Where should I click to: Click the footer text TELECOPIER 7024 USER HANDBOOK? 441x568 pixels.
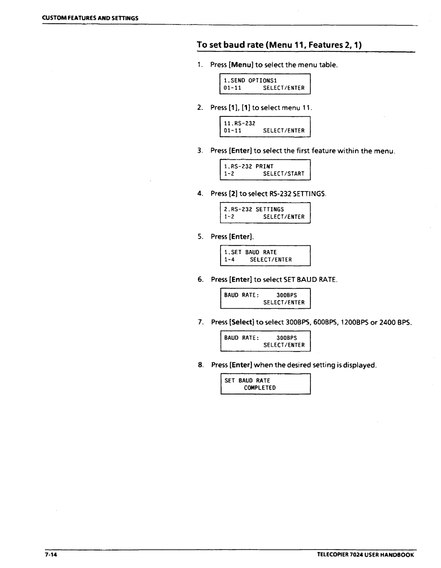point(365,555)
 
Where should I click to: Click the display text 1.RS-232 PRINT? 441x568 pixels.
point(249,166)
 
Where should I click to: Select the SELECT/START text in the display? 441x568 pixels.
point(284,174)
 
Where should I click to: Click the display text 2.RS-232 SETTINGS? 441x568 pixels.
point(254,209)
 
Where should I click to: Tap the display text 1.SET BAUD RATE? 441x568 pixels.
point(250,252)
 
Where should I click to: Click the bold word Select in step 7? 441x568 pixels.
point(243,322)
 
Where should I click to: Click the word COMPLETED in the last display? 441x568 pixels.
point(260,388)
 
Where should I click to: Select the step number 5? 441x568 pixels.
point(200,237)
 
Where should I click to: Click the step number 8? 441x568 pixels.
point(200,365)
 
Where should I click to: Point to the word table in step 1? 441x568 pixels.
point(328,65)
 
